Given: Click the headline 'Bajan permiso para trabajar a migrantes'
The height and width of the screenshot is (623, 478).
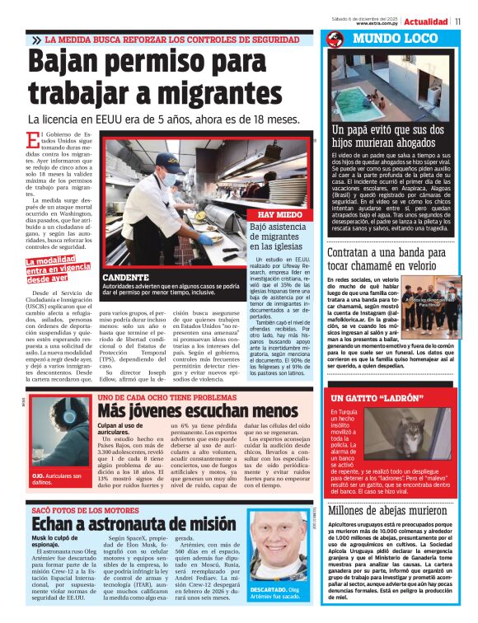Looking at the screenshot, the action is point(157,77).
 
